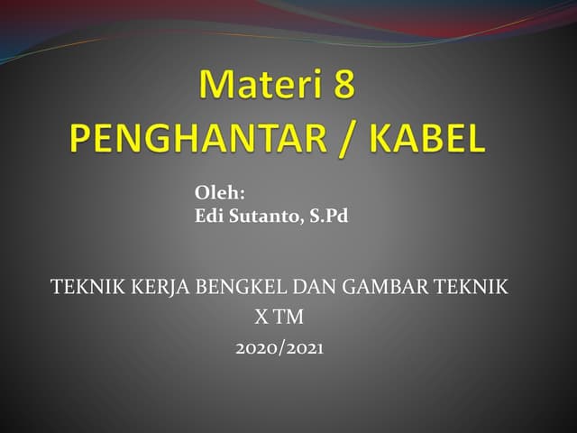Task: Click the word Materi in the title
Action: pos(258,87)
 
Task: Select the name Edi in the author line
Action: pos(208,216)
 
